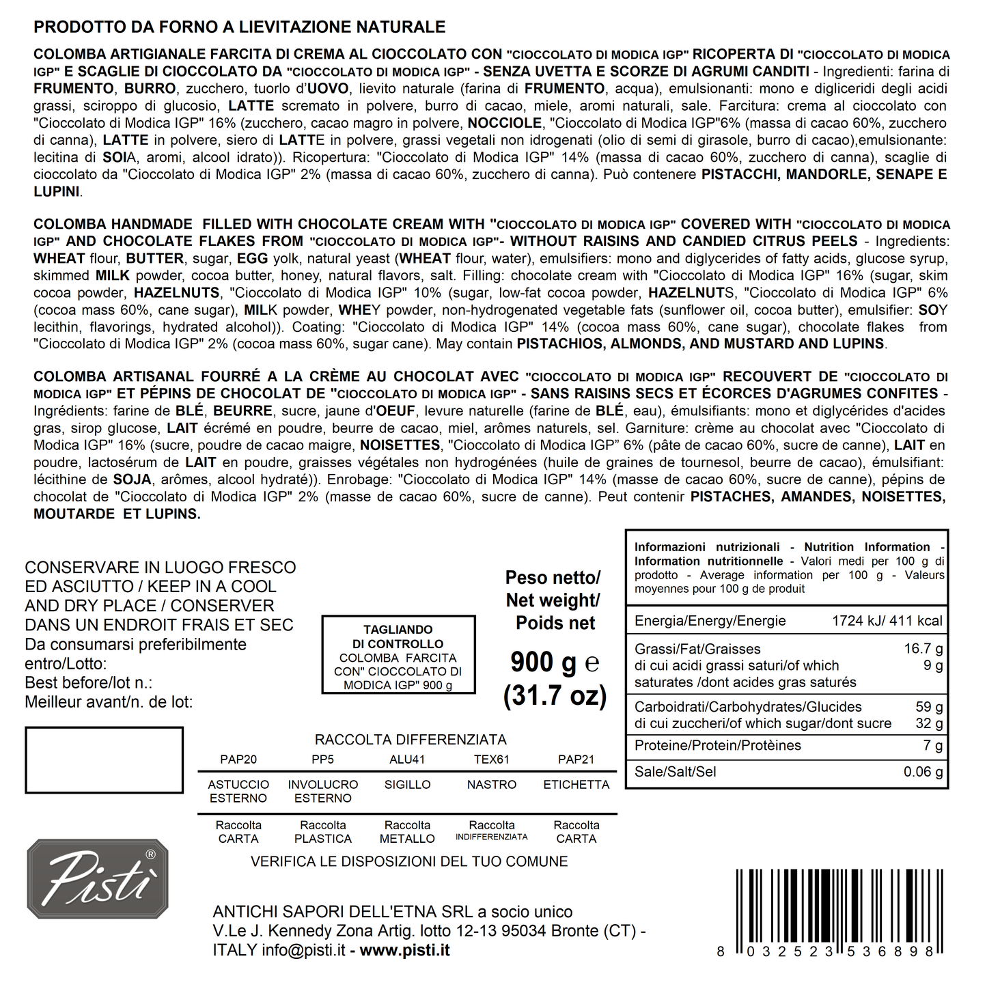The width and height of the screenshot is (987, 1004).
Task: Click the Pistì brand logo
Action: click(x=97, y=878)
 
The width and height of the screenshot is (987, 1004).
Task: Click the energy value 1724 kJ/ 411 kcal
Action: click(x=887, y=621)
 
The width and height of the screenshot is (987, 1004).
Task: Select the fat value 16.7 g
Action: click(x=923, y=649)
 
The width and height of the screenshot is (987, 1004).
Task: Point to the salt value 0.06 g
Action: click(x=923, y=772)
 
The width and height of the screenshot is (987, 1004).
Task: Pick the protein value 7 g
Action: click(x=933, y=745)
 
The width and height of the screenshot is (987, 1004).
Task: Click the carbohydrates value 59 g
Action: click(x=929, y=707)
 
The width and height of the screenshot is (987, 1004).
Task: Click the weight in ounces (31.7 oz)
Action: click(x=555, y=695)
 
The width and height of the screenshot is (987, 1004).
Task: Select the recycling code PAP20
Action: click(x=238, y=759)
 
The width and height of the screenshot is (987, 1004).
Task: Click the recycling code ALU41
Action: click(x=407, y=759)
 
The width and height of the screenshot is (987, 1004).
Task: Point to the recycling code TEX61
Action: click(x=492, y=759)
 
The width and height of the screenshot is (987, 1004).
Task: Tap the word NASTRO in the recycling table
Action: click(x=492, y=785)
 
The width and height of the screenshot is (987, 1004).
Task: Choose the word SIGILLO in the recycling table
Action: click(x=407, y=785)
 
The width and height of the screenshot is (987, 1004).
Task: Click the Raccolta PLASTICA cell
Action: click(x=323, y=832)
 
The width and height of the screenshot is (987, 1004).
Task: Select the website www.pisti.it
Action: click(x=404, y=950)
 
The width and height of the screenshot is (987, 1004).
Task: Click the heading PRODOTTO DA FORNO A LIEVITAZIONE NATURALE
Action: click(x=239, y=27)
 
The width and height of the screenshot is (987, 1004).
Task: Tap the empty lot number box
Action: click(x=104, y=760)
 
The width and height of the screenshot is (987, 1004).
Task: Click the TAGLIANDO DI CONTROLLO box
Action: click(x=398, y=654)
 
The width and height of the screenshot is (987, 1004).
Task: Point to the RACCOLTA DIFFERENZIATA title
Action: click(x=411, y=740)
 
